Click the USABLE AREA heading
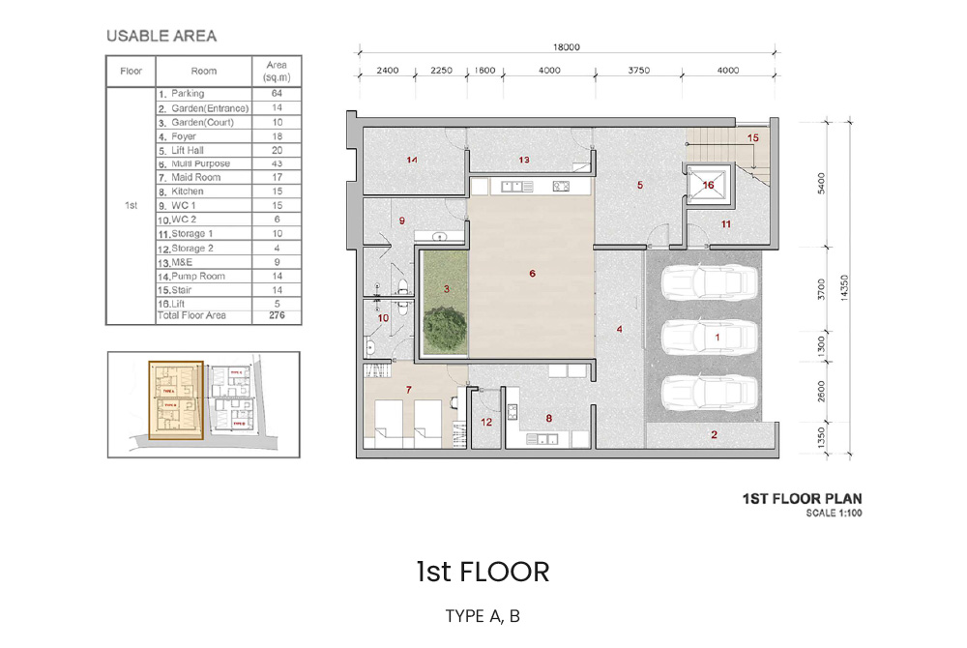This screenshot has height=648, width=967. click(x=161, y=37)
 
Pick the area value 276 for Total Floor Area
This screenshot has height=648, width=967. click(x=276, y=315)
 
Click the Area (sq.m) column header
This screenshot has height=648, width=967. click(x=276, y=71)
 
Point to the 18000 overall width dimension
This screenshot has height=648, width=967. click(x=566, y=46)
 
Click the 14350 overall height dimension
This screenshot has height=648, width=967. click(x=848, y=286)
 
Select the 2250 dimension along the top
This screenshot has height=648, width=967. click(x=441, y=70)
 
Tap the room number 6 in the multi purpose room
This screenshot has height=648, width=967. click(x=532, y=274)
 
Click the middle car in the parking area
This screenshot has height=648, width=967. click(x=708, y=338)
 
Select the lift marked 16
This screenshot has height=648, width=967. click(x=709, y=185)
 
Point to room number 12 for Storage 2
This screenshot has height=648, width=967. click(x=486, y=422)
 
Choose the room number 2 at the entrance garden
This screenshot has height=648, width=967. click(x=715, y=434)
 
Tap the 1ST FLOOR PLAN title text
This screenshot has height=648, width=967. click(x=801, y=499)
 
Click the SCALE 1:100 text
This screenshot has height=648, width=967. click(x=834, y=513)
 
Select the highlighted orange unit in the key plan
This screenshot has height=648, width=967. click(x=175, y=400)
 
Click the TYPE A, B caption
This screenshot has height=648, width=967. click(x=483, y=616)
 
